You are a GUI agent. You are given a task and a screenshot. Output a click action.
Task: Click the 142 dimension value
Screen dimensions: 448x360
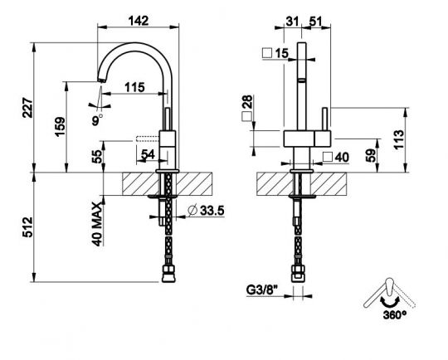139,21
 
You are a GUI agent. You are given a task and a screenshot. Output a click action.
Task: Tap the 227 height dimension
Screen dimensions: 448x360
28,108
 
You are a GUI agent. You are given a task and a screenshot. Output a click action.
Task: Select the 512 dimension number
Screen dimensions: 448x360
28,227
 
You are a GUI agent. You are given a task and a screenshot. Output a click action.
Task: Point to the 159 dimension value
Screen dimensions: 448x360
61,127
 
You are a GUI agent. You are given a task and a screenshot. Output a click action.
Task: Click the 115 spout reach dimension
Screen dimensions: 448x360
134,87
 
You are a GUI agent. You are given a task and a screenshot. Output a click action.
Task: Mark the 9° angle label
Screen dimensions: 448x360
97,120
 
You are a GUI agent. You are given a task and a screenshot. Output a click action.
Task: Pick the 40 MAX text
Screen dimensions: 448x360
97,224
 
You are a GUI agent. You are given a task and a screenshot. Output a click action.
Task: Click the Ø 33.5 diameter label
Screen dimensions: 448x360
206,211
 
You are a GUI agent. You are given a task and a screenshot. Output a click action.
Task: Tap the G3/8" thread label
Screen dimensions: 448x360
262,290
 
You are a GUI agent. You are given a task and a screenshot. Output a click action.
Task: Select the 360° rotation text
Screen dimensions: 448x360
395,315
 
